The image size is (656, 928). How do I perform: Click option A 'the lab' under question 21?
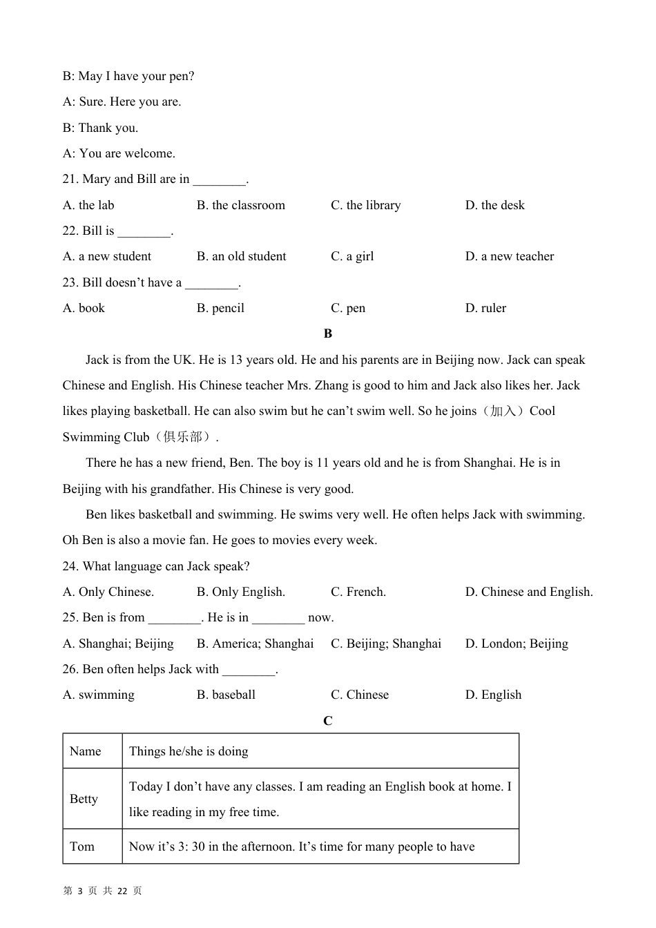tap(88, 205)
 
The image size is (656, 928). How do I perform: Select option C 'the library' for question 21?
tap(365, 205)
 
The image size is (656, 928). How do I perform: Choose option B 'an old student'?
tap(241, 256)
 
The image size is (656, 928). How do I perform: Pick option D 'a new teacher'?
tap(510, 256)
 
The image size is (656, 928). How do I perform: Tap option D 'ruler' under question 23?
tap(485, 308)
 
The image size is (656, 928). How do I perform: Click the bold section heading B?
tap(328, 333)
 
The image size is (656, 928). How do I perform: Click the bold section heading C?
tap(328, 721)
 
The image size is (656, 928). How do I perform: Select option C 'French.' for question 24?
tap(358, 592)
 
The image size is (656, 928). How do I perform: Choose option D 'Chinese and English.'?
tap(529, 592)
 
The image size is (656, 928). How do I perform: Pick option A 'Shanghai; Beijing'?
tap(118, 644)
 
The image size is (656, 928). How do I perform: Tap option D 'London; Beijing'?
tap(517, 644)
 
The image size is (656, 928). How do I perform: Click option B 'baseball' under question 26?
tap(226, 695)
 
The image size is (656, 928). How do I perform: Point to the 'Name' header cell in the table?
tap(86, 751)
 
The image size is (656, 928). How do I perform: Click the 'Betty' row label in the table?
tap(84, 799)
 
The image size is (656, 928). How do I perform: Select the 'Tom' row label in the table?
tap(82, 847)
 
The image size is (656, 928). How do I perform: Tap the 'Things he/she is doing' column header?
tap(189, 751)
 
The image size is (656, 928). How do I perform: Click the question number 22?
tap(70, 231)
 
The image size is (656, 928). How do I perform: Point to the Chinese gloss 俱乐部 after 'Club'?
tap(184, 437)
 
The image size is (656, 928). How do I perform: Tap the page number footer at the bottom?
tap(102, 891)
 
